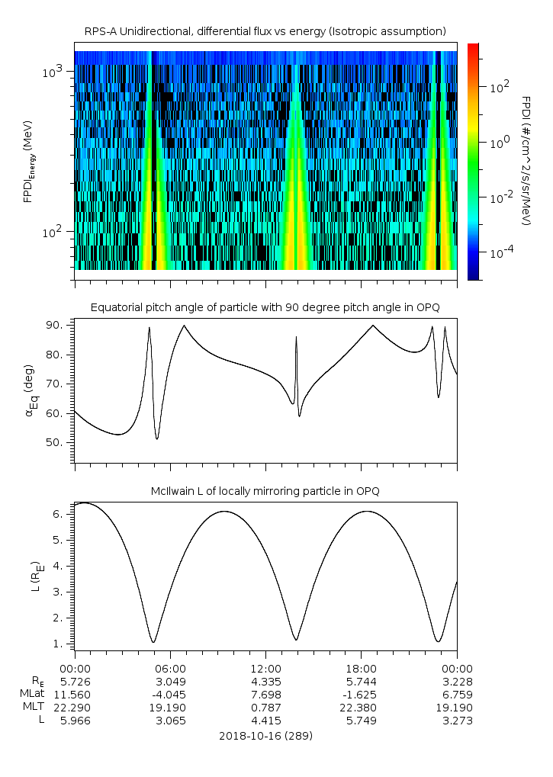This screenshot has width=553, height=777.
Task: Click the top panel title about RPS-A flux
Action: [265, 31]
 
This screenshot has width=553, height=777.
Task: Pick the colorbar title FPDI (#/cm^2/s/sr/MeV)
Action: [526, 161]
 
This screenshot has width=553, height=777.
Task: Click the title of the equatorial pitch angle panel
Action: [265, 307]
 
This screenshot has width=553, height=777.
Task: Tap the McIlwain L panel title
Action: [265, 491]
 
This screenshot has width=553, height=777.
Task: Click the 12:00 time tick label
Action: [265, 666]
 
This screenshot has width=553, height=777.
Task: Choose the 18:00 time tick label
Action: [361, 666]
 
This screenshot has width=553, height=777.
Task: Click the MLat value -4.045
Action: [170, 694]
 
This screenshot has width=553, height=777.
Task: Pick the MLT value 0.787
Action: [265, 707]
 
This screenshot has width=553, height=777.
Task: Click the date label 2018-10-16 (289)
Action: [265, 737]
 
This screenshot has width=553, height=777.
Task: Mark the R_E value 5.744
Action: [361, 680]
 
